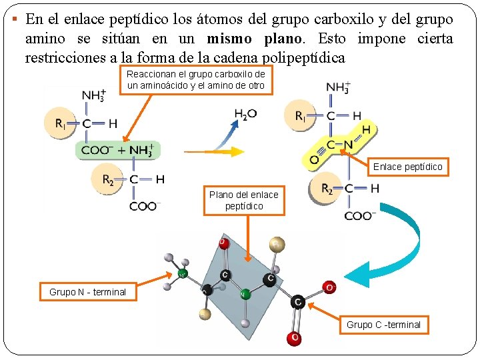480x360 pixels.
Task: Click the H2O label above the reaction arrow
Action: [x=245, y=114]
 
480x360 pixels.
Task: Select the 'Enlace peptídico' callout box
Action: [x=407, y=167]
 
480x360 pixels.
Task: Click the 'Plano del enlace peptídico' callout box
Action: [x=244, y=201]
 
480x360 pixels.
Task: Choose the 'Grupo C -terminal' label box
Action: [x=383, y=325]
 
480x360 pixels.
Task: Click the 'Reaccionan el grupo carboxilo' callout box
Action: [x=195, y=80]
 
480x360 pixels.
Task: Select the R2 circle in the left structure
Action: [x=107, y=179]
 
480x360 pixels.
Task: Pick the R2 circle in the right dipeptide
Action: [x=327, y=189]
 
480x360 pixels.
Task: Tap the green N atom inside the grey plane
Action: [x=244, y=293]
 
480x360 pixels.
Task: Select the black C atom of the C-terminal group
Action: [x=298, y=303]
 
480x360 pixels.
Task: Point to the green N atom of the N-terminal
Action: [x=182, y=273]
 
